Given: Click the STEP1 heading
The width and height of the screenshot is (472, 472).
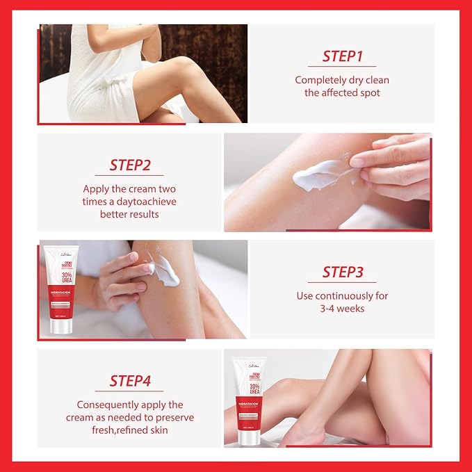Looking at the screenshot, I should tap(342, 56).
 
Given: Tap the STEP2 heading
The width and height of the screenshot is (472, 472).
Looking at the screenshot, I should tap(130, 165).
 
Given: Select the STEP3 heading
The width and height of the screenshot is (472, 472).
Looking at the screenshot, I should tap(342, 272).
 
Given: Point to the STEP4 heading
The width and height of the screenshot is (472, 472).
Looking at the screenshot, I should tap(130, 380).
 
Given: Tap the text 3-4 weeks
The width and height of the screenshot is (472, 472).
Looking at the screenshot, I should tap(342, 308).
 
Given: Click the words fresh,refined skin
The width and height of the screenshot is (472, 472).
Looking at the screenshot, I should tap(130, 430).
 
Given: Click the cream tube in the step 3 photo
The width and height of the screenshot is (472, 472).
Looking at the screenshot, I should tap(58, 288).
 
